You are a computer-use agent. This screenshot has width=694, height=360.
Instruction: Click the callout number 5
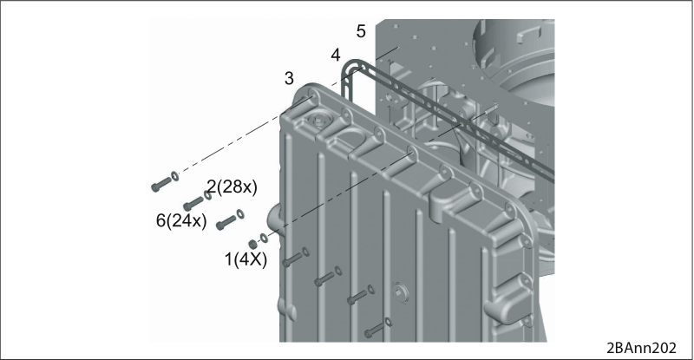pyautogui.click(x=361, y=31)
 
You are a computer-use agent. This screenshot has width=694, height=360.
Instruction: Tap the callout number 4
pyautogui.click(x=336, y=56)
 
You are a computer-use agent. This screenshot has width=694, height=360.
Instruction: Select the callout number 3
pyautogui.click(x=289, y=78)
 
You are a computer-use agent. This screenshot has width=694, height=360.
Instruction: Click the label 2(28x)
pyautogui.click(x=232, y=187)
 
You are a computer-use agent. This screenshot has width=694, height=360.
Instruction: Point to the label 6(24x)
pyautogui.click(x=181, y=220)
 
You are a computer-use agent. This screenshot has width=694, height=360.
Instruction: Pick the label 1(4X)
pyautogui.click(x=246, y=259)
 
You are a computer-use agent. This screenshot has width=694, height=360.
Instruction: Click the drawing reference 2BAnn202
pyautogui.click(x=641, y=348)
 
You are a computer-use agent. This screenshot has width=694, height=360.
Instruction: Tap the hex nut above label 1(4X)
pyautogui.click(x=252, y=244)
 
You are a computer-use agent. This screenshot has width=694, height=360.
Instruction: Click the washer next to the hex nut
pyautogui.click(x=264, y=239)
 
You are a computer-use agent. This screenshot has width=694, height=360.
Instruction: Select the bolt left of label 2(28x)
pyautogui.click(x=161, y=184)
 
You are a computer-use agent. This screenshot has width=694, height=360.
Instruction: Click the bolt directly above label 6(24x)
pyautogui.click(x=193, y=203)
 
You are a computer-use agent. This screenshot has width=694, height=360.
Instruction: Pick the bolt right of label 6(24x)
pyautogui.click(x=226, y=222)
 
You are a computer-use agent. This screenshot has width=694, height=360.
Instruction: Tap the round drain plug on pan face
pyautogui.click(x=401, y=291)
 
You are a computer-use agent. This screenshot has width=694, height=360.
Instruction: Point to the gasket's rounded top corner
pyautogui.click(x=350, y=65)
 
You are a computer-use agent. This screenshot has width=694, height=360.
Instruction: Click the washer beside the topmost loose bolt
pyautogui.click(x=175, y=176)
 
